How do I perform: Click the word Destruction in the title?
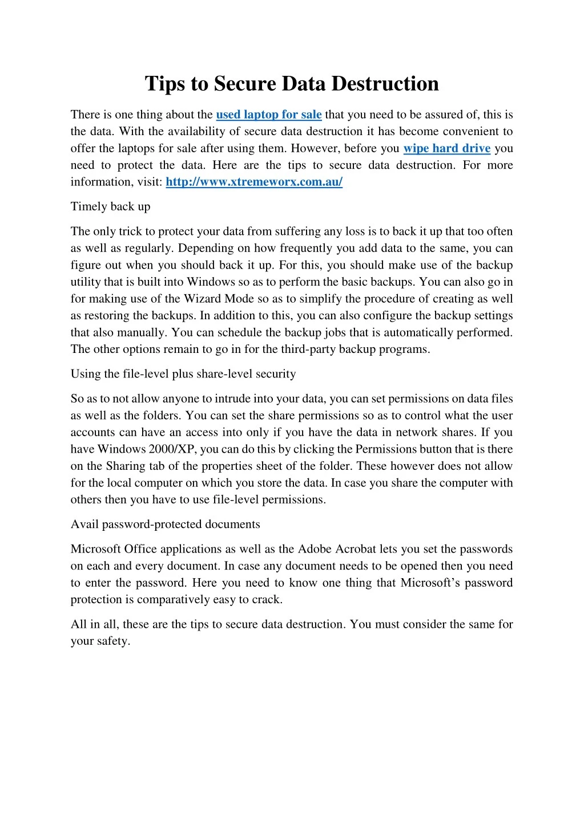pyautogui.click(x=385, y=84)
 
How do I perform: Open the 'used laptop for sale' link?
pyautogui.click(x=269, y=115)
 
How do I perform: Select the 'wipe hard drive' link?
pyautogui.click(x=447, y=148)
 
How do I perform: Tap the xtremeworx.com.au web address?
pyautogui.click(x=254, y=182)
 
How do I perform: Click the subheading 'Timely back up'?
pyautogui.click(x=110, y=206)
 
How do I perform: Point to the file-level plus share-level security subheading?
pyautogui.click(x=183, y=374)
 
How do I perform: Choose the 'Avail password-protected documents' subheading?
pyautogui.click(x=165, y=525)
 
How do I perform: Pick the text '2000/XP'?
pyautogui.click(x=172, y=449)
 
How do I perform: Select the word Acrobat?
pyautogui.click(x=356, y=549)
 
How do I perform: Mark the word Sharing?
pyautogui.click(x=126, y=466)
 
